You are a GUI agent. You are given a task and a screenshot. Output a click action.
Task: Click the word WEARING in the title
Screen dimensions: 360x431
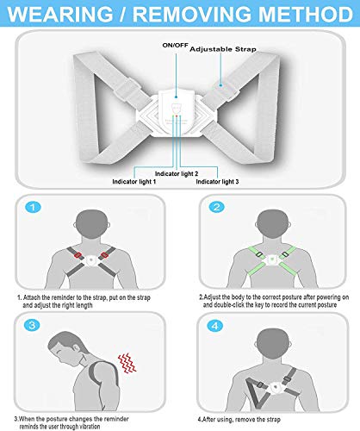pos(60,14)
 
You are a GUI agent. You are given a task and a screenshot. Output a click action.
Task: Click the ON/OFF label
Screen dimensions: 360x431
pos(175,46)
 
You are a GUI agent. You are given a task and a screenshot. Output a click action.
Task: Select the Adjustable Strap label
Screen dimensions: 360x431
pos(223,49)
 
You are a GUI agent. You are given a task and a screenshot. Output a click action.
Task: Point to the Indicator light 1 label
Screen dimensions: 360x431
pos(134,182)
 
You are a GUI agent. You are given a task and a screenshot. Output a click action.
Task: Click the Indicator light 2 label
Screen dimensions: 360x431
pos(177,173)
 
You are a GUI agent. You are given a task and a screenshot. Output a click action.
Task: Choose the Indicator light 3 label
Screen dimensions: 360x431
pos(217,182)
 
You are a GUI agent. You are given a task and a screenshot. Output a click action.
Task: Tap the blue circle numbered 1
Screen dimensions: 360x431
pos(33,207)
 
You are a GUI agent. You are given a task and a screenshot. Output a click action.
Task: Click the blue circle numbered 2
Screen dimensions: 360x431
pos(217,207)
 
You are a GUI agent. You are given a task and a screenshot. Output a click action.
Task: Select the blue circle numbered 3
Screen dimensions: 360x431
pos(32,325)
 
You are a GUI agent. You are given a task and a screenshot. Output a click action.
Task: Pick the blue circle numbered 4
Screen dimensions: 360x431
pos(214,326)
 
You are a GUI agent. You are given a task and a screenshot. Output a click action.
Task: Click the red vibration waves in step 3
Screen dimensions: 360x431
pos(127,363)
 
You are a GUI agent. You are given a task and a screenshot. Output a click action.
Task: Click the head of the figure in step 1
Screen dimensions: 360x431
pos(91,224)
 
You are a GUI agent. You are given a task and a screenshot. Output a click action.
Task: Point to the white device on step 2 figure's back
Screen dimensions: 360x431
pos(272,259)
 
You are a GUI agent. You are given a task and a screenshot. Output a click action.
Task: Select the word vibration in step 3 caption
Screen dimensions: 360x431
pos(87,427)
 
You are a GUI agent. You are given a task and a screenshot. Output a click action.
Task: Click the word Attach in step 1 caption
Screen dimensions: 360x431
pos(32,297)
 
